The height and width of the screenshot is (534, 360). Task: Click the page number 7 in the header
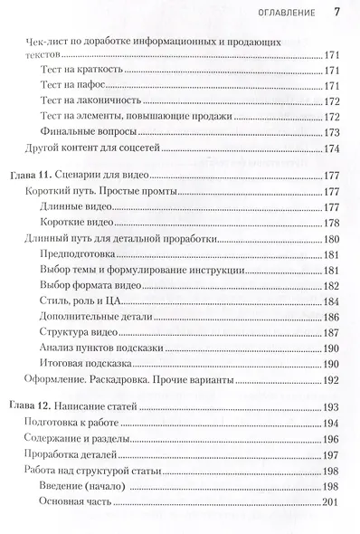tap(336, 13)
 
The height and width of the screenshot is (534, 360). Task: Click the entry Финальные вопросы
tap(90, 132)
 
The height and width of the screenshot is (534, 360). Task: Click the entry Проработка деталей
tap(74, 456)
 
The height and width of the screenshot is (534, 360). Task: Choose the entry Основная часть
tap(79, 503)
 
